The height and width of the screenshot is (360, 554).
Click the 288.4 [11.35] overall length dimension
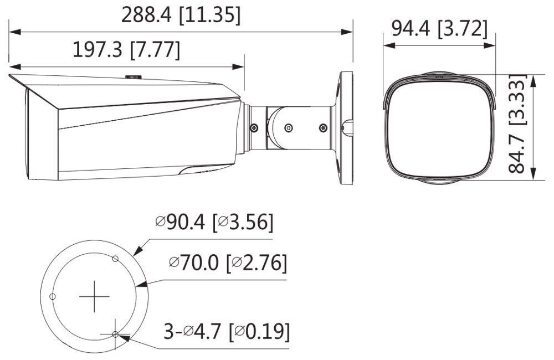[x=181, y=15]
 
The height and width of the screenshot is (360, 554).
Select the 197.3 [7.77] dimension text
[x=127, y=50]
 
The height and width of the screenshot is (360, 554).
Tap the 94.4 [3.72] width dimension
[x=439, y=28]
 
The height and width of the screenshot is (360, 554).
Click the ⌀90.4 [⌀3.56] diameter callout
[x=214, y=223]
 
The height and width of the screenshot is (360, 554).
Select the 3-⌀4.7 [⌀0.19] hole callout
[x=227, y=332]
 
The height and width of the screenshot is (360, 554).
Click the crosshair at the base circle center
[x=94, y=297]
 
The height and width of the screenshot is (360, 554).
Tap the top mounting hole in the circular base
[x=115, y=259]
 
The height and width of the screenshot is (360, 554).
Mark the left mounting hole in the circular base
[x=52, y=296]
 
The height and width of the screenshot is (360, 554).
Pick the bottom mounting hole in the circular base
[x=115, y=334]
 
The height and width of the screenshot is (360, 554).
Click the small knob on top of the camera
[x=134, y=77]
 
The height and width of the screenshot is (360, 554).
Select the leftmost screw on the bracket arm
[x=254, y=128]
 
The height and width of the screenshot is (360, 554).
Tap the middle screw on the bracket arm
[x=288, y=128]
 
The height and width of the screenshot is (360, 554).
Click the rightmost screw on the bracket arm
[x=324, y=128]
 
